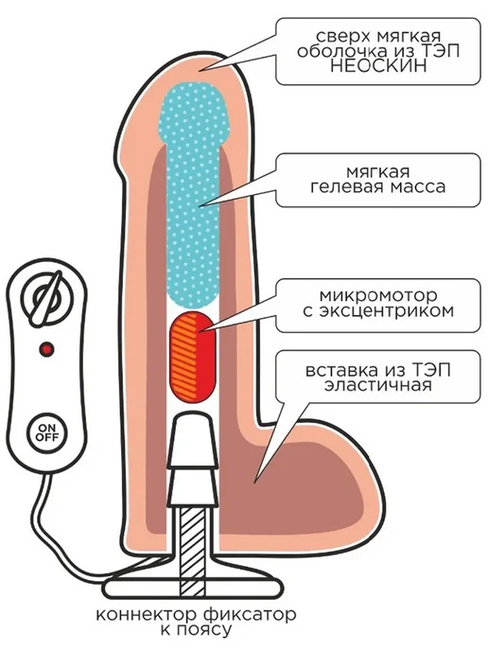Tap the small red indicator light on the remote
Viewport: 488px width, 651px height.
(47, 349)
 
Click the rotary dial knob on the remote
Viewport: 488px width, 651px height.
(46, 298)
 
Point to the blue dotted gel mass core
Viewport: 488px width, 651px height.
(194, 195)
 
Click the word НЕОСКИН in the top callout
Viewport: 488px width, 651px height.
(378, 65)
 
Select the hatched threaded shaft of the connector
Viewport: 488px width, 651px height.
(192, 549)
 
